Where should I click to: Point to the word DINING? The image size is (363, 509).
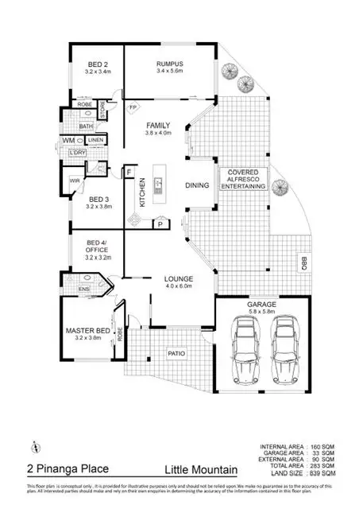pos(197,185)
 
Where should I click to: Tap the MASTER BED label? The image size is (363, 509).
pos(88,331)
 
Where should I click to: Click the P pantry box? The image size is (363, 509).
pos(159,225)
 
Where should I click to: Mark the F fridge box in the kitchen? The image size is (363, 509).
pos(128,171)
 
